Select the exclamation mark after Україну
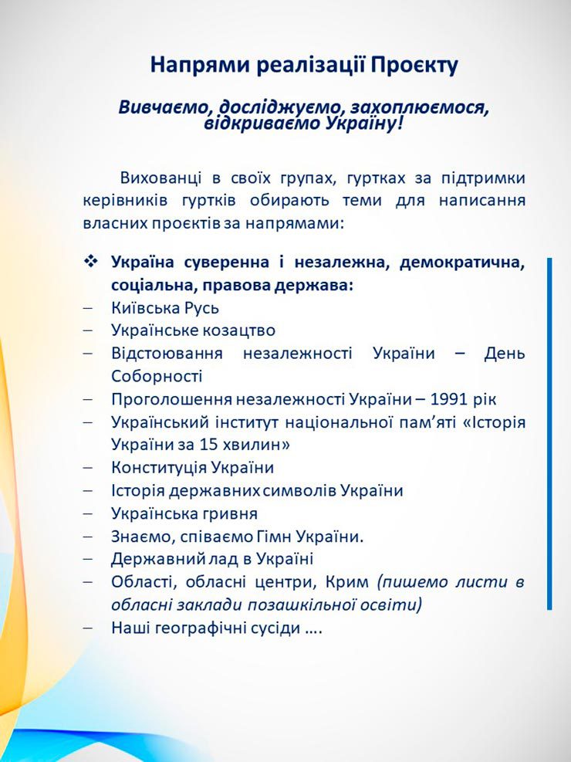pos(400,124)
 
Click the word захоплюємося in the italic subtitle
pos(419,107)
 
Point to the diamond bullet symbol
pos(91,262)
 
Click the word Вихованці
pos(160,178)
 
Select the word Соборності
pos(157,376)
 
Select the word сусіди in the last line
pos(275,628)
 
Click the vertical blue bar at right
pos(549,433)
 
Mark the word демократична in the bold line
pos(462,262)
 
